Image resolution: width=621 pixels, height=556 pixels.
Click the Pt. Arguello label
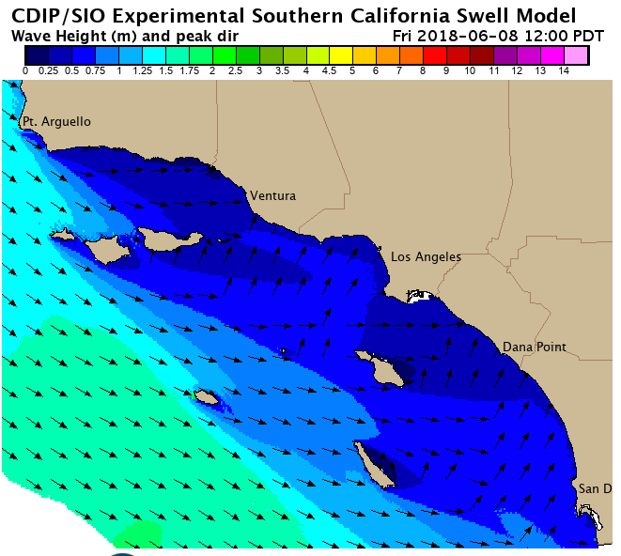point(56,121)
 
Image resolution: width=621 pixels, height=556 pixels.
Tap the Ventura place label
point(272,195)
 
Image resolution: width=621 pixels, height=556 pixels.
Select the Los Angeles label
point(426,256)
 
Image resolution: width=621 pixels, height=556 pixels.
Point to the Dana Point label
point(534,347)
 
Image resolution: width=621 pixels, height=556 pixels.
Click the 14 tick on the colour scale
point(563,70)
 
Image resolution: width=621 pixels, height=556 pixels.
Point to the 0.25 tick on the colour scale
point(48,70)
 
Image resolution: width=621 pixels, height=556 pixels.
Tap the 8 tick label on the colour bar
point(423,70)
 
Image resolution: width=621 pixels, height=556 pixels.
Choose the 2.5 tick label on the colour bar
point(235,70)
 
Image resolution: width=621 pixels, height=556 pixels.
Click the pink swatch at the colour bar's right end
point(575,55)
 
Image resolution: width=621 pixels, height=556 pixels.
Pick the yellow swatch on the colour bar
point(340,55)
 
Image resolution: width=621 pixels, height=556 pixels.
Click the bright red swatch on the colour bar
point(434,55)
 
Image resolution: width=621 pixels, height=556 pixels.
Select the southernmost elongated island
point(374,465)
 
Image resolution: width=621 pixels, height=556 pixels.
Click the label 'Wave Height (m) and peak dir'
point(124,35)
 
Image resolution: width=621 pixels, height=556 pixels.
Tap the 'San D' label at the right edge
point(595,488)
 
